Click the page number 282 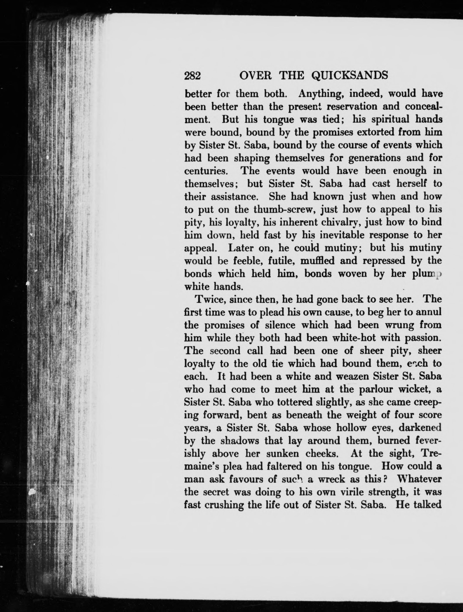(192, 75)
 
